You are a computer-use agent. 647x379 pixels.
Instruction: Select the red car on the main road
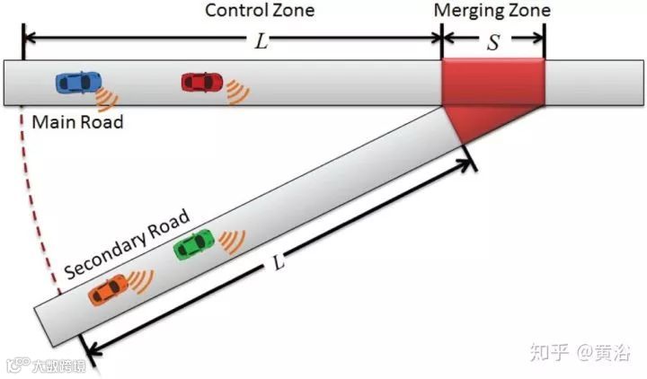202,82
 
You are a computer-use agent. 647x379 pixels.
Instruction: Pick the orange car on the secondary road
110,289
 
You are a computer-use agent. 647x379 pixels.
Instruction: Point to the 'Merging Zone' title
492,11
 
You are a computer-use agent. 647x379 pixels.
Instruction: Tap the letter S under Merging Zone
492,41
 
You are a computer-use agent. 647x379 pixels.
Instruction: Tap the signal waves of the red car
237,92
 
